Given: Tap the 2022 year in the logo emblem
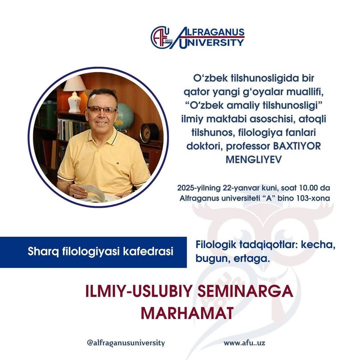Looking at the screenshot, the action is point(169,41).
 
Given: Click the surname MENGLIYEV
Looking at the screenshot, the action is point(253,160).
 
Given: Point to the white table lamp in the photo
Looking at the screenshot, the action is point(74,94).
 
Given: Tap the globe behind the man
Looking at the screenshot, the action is point(124,117).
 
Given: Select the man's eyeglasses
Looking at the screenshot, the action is point(102,110).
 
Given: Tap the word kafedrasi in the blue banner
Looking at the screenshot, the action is point(148,251).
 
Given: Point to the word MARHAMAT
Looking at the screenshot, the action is point(187,313).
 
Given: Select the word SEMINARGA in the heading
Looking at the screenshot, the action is point(245,292).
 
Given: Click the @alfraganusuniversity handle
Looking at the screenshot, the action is point(126,343).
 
